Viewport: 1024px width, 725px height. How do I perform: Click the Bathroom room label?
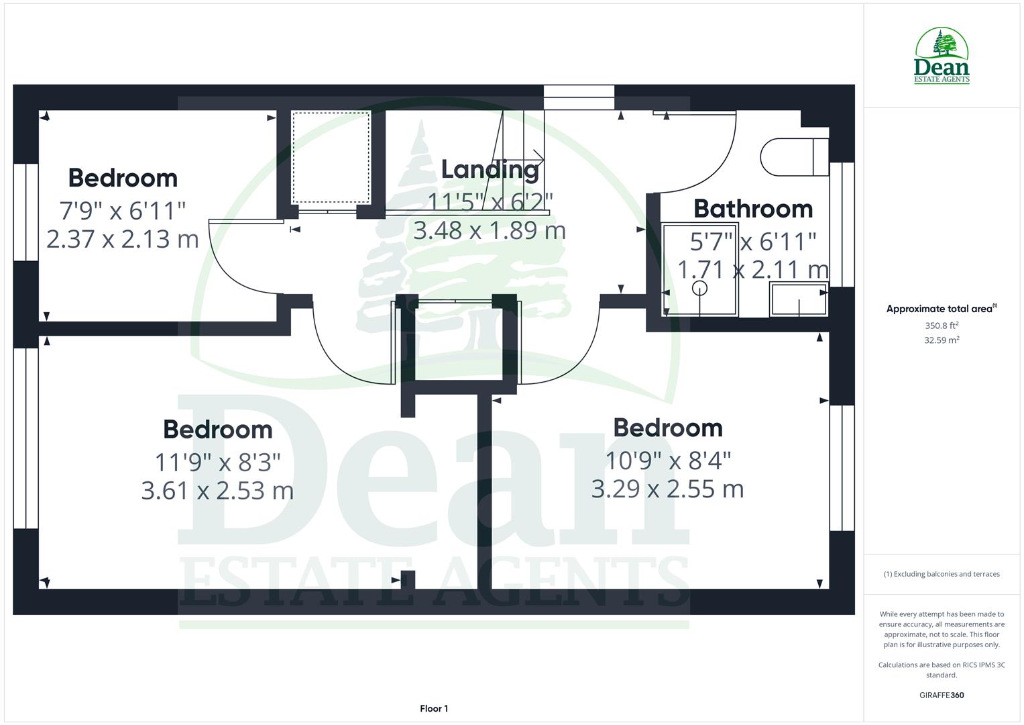pyautogui.click(x=752, y=209)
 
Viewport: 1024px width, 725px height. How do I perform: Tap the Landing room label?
pyautogui.click(x=490, y=169)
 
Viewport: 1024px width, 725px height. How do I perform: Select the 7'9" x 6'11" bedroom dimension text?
pyautogui.click(x=123, y=211)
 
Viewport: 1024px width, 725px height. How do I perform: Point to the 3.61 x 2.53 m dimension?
pyautogui.click(x=217, y=490)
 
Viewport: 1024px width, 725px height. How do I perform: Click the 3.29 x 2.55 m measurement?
pyautogui.click(x=667, y=489)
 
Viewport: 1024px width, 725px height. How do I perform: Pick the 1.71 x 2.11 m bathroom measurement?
pyautogui.click(x=752, y=270)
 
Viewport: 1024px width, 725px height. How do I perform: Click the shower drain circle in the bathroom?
pyautogui.click(x=699, y=289)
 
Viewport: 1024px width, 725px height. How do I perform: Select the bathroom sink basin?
pyautogui.click(x=798, y=300)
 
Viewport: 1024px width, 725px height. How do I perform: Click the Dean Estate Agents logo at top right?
pyautogui.click(x=942, y=56)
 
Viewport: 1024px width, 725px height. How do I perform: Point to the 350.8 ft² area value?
pyautogui.click(x=942, y=326)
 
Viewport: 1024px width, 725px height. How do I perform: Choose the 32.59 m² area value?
pyautogui.click(x=942, y=340)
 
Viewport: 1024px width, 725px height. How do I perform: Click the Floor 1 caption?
pyautogui.click(x=434, y=709)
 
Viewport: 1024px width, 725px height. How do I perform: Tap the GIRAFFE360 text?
pyautogui.click(x=942, y=695)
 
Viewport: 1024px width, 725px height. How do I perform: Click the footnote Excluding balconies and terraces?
pyautogui.click(x=942, y=574)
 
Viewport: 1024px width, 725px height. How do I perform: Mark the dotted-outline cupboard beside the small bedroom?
pyautogui.click(x=331, y=158)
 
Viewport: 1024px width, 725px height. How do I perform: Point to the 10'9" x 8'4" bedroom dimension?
pyautogui.click(x=667, y=461)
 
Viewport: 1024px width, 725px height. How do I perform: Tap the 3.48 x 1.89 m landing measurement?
pyautogui.click(x=490, y=231)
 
